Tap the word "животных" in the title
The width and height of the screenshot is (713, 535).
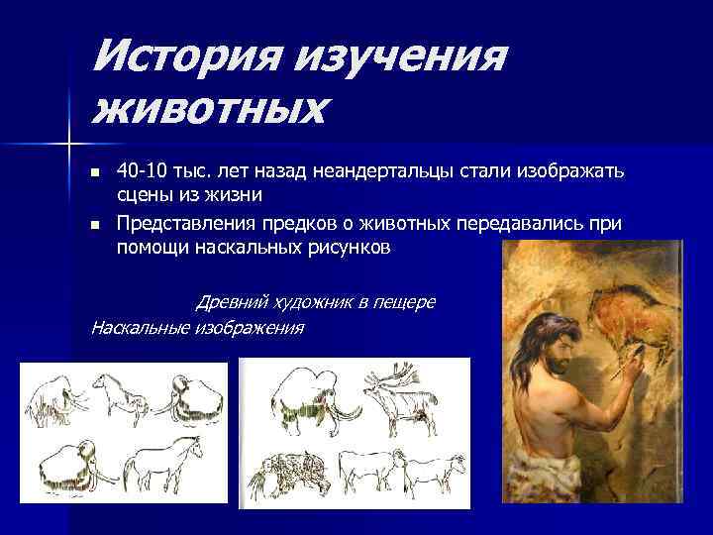click(x=209, y=106)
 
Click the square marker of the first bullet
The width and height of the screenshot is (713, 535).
click(x=94, y=173)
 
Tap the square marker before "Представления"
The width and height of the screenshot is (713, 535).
click(x=94, y=226)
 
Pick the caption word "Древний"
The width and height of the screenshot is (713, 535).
click(x=229, y=301)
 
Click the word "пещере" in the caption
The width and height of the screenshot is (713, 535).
click(x=407, y=301)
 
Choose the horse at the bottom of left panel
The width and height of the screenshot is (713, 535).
click(x=163, y=462)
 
